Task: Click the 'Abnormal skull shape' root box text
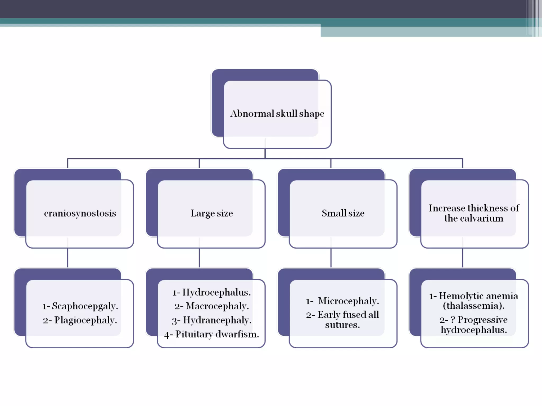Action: pos(277,114)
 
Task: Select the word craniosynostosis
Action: pos(80,213)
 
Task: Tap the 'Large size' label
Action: pos(212,213)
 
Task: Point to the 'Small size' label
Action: pos(343,213)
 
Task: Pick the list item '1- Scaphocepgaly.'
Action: pos(80,306)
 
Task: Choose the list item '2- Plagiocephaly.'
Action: pos(80,320)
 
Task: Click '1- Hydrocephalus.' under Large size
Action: pos(211,292)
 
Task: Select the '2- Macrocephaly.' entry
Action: pos(211,306)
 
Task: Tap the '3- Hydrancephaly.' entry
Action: pos(211,320)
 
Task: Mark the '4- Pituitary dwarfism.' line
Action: pos(211,334)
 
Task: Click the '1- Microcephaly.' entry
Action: pos(342,301)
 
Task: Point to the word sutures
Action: pos(342,325)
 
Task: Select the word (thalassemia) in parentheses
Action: pos(474,306)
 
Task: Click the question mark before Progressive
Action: pos(453,320)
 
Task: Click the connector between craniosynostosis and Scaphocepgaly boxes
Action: pos(67,258)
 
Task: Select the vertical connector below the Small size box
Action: pos(331,258)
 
